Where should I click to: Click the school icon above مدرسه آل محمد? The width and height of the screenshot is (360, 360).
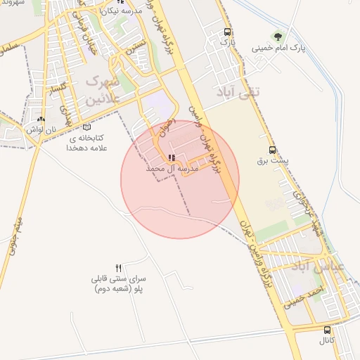click(x=172, y=158)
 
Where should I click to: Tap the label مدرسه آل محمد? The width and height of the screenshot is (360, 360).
click(x=173, y=169)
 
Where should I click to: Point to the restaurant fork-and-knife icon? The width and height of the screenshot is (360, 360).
click(x=118, y=268)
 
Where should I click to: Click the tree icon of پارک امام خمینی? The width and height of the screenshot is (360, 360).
click(x=279, y=35)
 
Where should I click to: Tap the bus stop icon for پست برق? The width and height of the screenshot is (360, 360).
click(x=272, y=150)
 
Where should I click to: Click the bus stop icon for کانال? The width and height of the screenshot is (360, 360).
click(x=326, y=330)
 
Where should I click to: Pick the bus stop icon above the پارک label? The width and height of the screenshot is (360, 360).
click(x=226, y=32)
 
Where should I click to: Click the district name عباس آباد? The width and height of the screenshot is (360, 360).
click(x=337, y=268)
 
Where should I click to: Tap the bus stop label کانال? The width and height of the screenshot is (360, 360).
click(x=327, y=342)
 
